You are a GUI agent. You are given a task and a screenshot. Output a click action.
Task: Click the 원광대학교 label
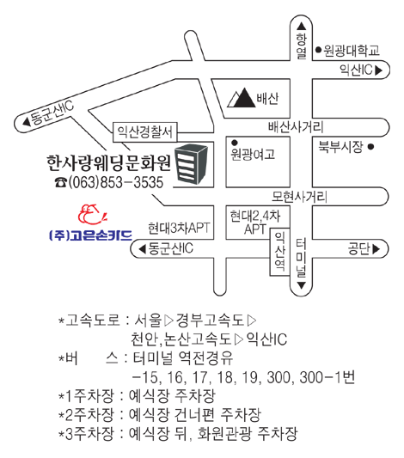click(352, 51)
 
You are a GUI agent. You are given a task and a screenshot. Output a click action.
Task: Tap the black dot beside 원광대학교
click(318, 50)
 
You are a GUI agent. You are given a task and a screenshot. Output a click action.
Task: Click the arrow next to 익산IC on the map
click(378, 70)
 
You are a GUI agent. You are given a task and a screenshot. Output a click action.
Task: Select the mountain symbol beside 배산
click(241, 98)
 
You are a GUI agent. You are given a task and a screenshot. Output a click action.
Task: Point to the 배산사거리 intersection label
click(296, 127)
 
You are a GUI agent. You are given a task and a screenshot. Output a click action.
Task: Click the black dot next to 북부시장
click(370, 147)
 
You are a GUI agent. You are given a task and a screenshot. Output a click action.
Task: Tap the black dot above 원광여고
click(235, 143)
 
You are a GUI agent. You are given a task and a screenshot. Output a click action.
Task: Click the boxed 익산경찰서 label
click(145, 132)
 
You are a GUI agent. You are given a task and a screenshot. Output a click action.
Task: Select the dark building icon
click(191, 164)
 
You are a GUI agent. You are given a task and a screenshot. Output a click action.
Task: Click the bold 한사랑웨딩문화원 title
click(108, 162)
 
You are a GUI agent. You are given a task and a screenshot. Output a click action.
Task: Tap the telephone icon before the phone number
click(61, 182)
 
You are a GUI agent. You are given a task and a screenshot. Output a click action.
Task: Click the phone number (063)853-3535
click(116, 182)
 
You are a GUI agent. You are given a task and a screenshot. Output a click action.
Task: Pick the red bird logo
click(92, 215)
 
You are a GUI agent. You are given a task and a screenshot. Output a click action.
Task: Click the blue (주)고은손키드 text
click(90, 235)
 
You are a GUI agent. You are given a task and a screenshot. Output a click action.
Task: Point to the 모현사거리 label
click(299, 197)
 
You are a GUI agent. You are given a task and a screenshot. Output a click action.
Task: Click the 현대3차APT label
click(179, 228)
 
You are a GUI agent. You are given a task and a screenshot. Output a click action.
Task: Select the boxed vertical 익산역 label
click(279, 252)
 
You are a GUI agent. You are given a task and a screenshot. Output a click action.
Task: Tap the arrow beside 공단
click(376, 249)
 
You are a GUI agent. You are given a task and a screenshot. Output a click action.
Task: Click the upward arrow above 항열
click(301, 27)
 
